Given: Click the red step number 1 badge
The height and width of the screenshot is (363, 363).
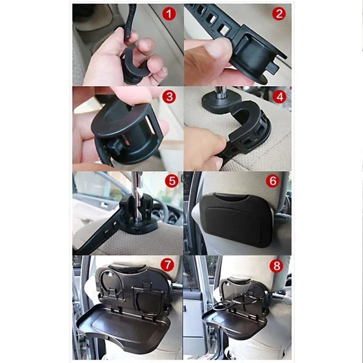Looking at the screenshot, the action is [x=169, y=13].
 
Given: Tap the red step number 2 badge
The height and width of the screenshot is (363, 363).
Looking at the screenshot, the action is [x=279, y=13].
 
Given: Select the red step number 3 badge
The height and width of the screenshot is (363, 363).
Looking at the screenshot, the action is [x=169, y=96].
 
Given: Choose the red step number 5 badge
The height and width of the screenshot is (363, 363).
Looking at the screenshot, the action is [x=172, y=181].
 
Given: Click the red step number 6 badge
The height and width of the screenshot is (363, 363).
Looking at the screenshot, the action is [x=273, y=181].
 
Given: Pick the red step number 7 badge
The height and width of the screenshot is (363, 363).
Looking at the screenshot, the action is [x=168, y=265].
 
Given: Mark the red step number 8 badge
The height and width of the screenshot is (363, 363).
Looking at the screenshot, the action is [x=277, y=266].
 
